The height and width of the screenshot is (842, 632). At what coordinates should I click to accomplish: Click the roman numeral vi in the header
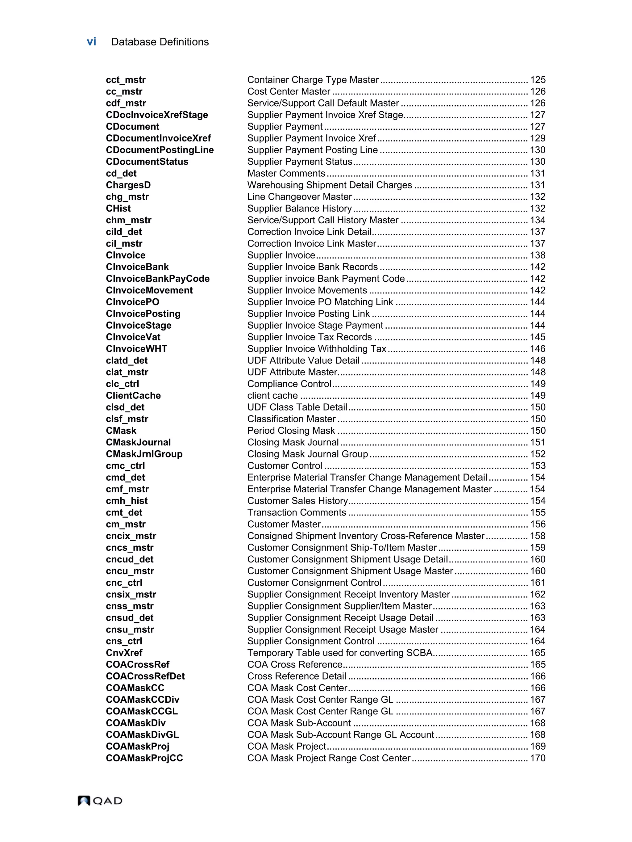click(x=91, y=42)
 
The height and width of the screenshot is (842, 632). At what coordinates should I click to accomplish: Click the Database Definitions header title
click(x=160, y=42)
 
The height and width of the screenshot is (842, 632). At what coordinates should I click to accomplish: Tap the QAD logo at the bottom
click(x=100, y=801)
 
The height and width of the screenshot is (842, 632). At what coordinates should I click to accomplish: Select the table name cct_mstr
click(x=126, y=80)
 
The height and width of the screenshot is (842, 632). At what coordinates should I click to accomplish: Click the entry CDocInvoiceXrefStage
click(x=157, y=115)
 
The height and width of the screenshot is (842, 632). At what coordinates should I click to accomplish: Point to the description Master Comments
click(x=286, y=174)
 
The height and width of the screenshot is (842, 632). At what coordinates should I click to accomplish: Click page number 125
click(x=537, y=80)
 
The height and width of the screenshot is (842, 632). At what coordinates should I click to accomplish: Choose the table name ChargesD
click(x=128, y=185)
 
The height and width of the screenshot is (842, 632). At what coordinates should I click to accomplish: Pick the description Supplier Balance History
click(x=299, y=208)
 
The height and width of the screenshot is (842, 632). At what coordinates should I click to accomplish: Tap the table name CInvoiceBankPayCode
click(x=157, y=279)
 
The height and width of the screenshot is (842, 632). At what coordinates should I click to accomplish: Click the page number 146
click(x=537, y=349)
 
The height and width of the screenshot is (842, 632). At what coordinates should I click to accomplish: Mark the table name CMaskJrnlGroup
click(x=144, y=454)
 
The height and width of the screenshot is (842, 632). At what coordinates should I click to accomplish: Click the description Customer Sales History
click(x=297, y=501)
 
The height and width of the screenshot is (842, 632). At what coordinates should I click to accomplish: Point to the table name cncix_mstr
click(x=131, y=536)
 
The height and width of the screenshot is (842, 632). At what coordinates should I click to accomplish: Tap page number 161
click(x=537, y=583)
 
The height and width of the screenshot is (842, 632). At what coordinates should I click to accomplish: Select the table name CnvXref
click(x=124, y=653)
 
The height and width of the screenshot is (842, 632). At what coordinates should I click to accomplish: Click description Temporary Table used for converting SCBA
click(x=339, y=653)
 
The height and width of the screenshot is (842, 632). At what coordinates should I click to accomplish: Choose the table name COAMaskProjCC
click(x=144, y=758)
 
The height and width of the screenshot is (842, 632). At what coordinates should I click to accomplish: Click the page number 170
click(x=537, y=758)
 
